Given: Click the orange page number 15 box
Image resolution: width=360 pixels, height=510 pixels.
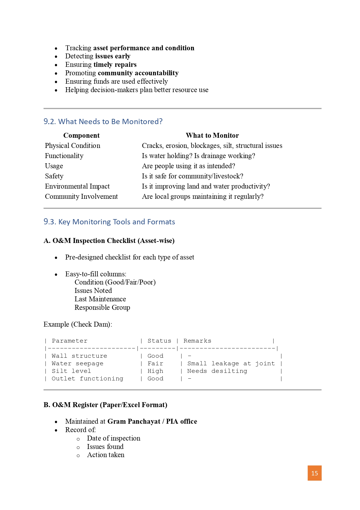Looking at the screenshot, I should (314, 473).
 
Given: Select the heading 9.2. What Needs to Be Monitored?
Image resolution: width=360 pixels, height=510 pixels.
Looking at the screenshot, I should (103, 121).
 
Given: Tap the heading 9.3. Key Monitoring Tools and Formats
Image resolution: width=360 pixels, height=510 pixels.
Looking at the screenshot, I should (109, 222).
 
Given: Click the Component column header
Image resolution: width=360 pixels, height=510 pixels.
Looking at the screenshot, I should (81, 135).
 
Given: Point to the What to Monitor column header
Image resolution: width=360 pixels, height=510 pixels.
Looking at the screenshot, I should (212, 135).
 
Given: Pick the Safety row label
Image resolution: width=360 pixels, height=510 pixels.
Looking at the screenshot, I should (54, 176).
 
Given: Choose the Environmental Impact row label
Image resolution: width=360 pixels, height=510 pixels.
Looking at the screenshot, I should (77, 186).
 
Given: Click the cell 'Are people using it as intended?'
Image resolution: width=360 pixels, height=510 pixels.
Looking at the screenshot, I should (188, 166).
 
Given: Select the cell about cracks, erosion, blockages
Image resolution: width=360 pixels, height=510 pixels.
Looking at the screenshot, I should (212, 146).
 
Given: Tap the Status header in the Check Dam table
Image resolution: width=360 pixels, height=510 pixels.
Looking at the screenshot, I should (159, 341).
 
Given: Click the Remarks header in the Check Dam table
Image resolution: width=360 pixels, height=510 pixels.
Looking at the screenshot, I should (197, 341).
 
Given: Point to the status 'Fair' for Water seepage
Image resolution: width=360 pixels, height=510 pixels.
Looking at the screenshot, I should (155, 364).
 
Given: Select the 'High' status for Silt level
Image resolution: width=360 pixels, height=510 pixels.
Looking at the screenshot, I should (155, 371).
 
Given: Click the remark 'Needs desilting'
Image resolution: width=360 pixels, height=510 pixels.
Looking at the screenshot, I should (217, 371).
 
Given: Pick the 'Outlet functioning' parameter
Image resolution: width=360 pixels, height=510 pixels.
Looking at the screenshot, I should (87, 379).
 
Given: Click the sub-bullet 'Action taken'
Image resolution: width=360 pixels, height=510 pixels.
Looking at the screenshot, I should (106, 455).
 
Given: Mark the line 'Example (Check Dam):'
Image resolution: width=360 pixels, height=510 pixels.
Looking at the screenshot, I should (78, 324).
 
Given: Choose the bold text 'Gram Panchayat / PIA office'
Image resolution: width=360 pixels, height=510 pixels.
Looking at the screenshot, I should (152, 421).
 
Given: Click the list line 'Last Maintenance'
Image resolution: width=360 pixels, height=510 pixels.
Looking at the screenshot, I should (100, 299).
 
